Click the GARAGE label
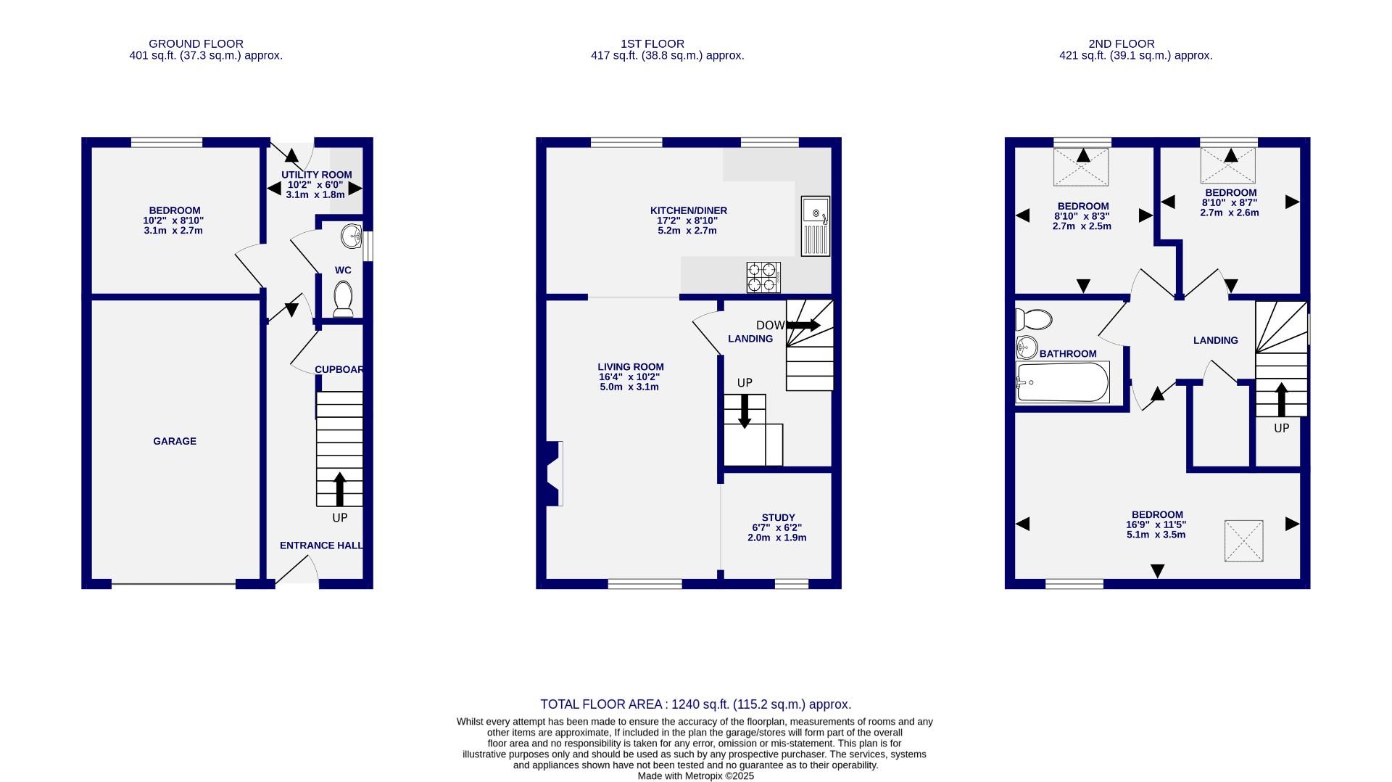174,441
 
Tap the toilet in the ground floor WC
343,298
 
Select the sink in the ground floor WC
352,235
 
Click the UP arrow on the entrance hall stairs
339,489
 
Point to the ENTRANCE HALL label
321,546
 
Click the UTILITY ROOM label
316,175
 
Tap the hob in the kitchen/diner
763,276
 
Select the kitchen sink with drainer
815,226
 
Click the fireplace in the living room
553,474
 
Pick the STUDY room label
778,518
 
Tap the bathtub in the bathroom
1063,382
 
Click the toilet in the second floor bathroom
1033,319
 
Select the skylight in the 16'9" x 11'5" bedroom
1243,540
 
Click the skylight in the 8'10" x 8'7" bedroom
1227,165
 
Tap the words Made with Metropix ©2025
695,775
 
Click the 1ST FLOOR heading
652,44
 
